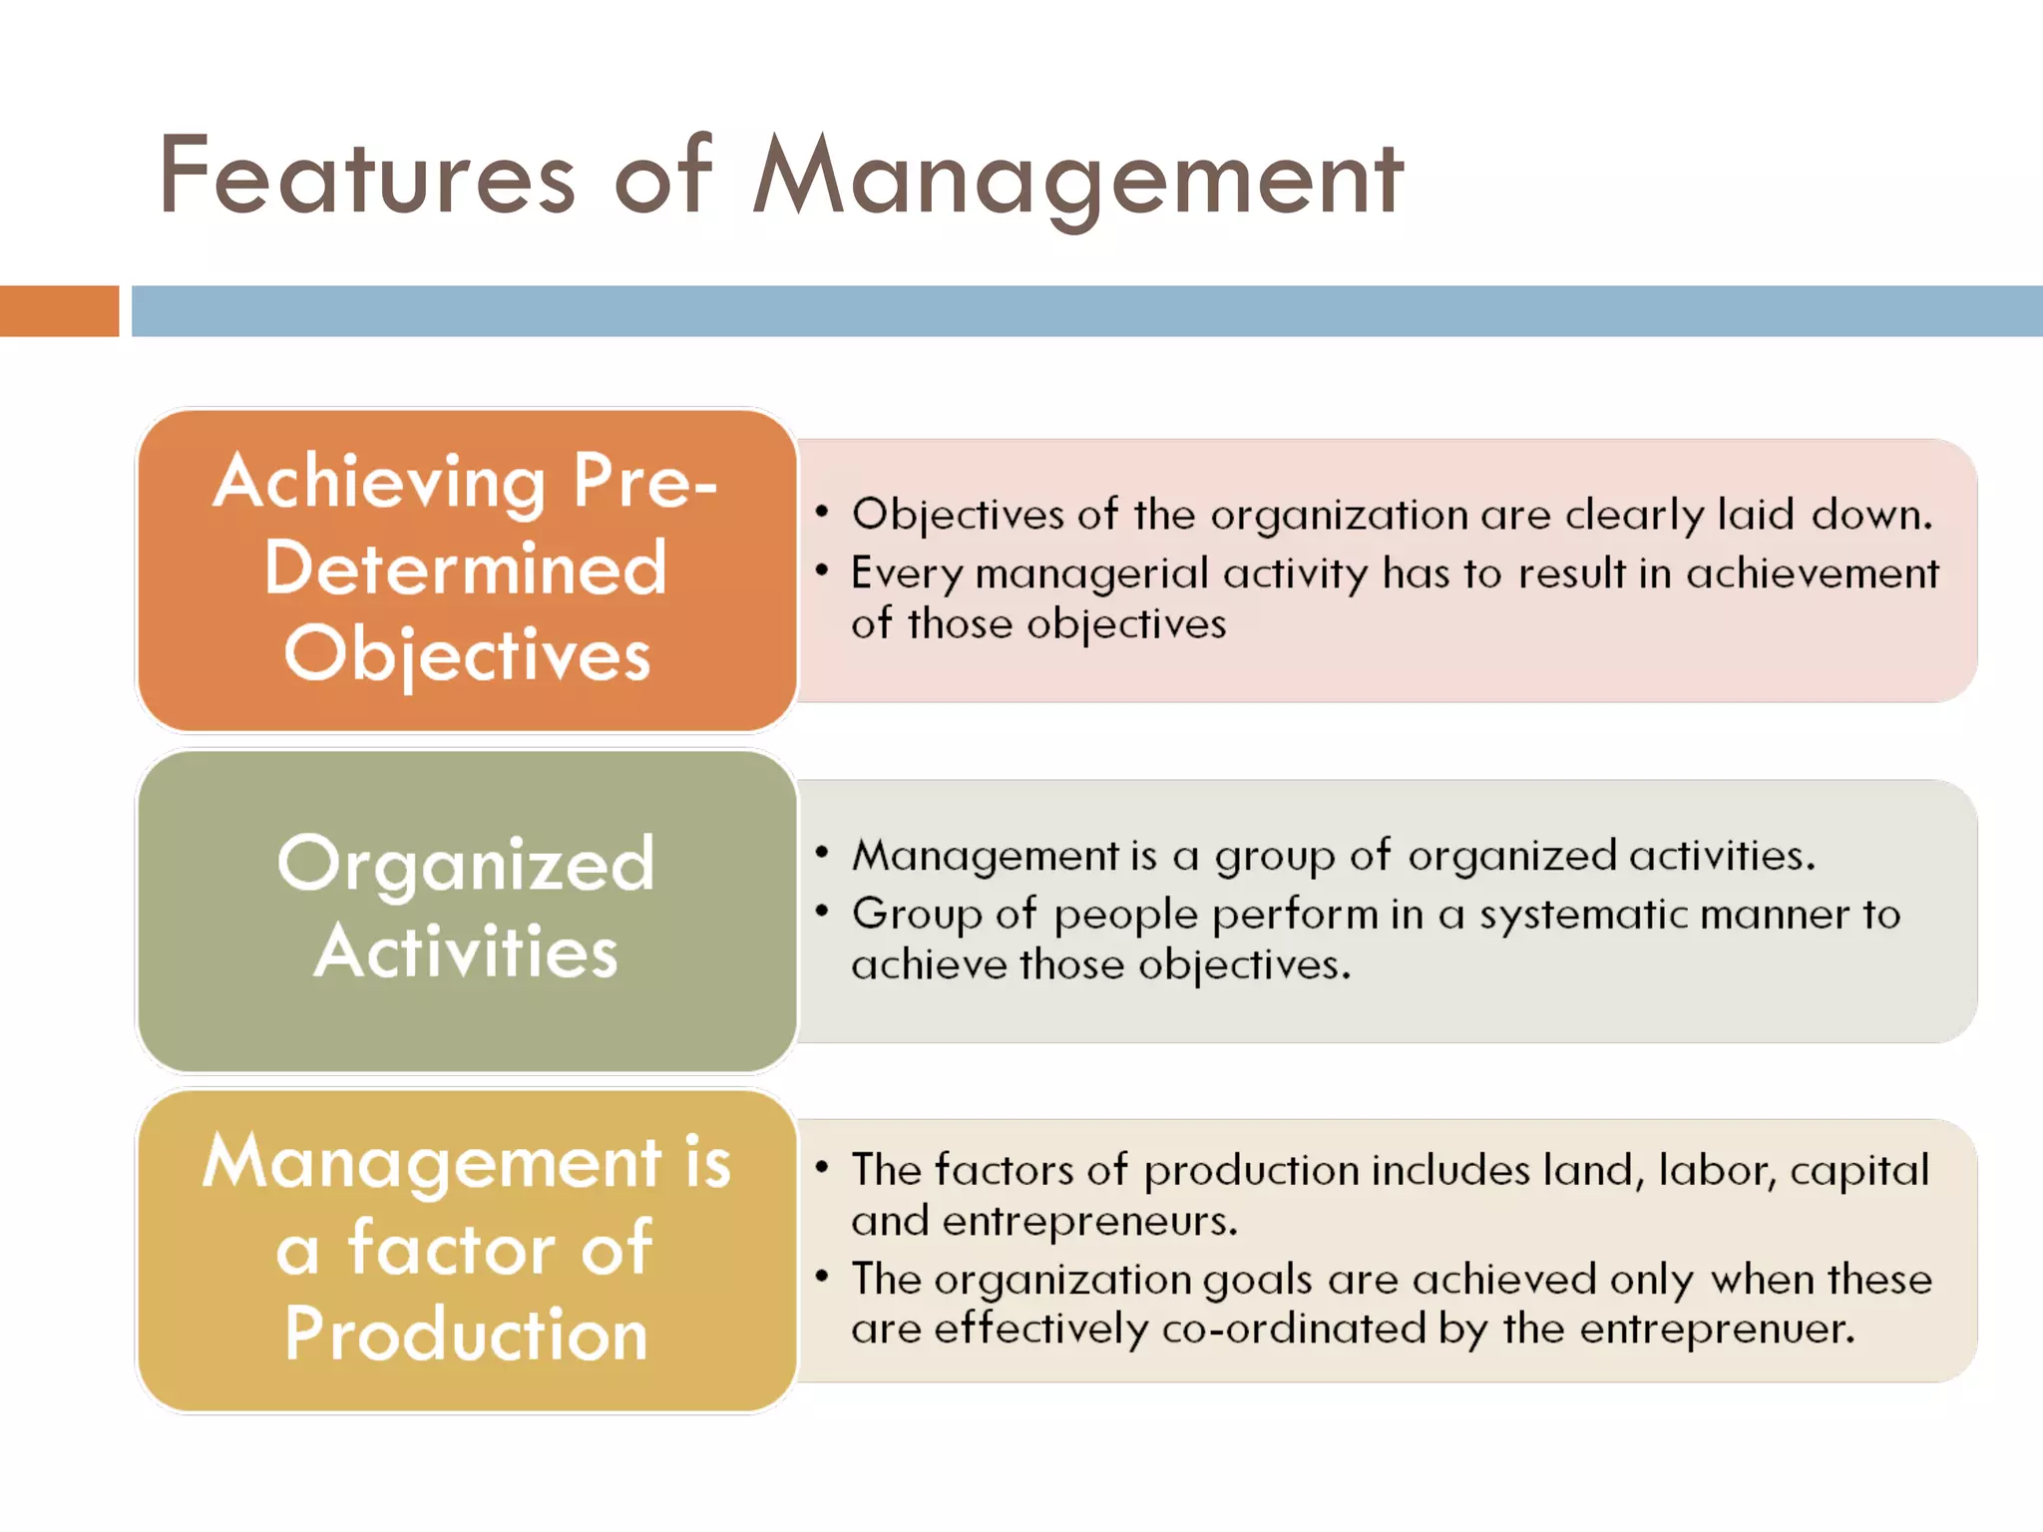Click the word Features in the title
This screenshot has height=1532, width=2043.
(x=366, y=178)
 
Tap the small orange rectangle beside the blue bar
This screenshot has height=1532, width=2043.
(x=59, y=311)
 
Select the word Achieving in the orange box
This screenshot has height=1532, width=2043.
(x=379, y=483)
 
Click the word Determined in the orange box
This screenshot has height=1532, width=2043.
(x=466, y=569)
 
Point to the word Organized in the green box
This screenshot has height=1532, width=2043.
(x=466, y=865)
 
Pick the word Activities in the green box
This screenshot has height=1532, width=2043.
(x=466, y=952)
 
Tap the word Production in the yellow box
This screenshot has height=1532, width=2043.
(x=466, y=1335)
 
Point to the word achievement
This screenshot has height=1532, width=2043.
(x=1813, y=574)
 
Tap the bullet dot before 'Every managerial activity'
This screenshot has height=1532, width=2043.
(x=822, y=571)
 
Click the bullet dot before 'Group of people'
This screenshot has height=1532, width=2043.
(x=822, y=911)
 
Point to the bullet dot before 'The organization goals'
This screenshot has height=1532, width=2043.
(x=822, y=1276)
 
